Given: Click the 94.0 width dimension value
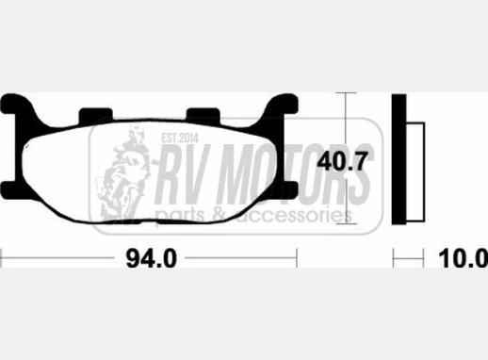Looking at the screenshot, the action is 152,258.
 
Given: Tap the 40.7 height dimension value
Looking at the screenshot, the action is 342,161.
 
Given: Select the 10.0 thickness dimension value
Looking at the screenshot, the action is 463,258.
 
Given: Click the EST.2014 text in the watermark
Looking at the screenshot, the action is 180,138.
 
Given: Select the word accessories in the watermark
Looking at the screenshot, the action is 294,216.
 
